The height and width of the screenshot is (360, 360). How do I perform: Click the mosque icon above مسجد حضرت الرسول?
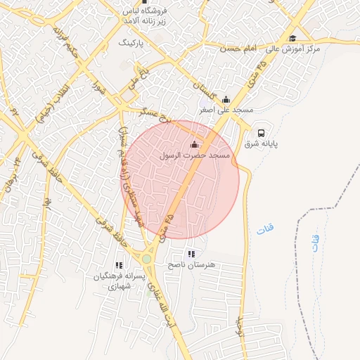[x=195, y=144]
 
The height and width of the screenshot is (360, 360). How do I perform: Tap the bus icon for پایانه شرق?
[x=261, y=132]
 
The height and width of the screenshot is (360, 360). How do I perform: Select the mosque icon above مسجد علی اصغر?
[x=226, y=99]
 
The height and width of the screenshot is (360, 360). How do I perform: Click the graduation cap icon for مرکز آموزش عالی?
[x=292, y=39]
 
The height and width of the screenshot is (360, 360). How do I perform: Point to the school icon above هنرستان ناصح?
[x=191, y=254]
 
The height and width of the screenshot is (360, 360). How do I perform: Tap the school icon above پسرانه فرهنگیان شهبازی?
[x=119, y=265]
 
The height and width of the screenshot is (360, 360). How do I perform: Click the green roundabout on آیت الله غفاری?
[x=146, y=259]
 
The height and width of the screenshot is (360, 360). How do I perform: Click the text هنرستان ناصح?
[x=191, y=265]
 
